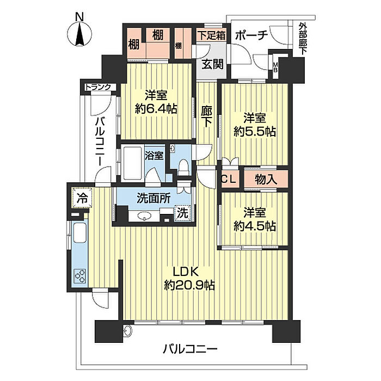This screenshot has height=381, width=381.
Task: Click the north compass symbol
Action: pos(79,34)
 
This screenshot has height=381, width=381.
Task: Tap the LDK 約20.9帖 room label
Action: pos(189,278)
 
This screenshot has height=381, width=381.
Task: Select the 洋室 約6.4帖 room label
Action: pos(156,102)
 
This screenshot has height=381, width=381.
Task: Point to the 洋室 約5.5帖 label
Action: pos(255,125)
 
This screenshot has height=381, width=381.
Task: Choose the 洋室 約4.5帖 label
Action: pos(255,219)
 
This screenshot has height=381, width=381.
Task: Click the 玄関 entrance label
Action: pos(213,64)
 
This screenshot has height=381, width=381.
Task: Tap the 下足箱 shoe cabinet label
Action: pos(211,35)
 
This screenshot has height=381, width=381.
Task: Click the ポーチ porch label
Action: pos(251,35)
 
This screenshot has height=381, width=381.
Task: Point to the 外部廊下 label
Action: pos(303,38)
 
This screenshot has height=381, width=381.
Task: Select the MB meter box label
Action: pos(275,67)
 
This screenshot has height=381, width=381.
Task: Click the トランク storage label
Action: pos(98,87)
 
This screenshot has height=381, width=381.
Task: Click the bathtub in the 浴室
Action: pos(132,163)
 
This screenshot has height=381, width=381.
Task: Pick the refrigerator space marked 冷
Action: pos(82,198)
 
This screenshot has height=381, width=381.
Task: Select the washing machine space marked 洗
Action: pos(182,213)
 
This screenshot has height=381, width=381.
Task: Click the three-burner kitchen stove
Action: pos(81,276)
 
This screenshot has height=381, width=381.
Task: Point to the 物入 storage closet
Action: pos(266,180)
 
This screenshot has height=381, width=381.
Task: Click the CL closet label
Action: pos(229,179)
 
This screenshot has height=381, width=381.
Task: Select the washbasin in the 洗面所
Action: pos(145,216)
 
